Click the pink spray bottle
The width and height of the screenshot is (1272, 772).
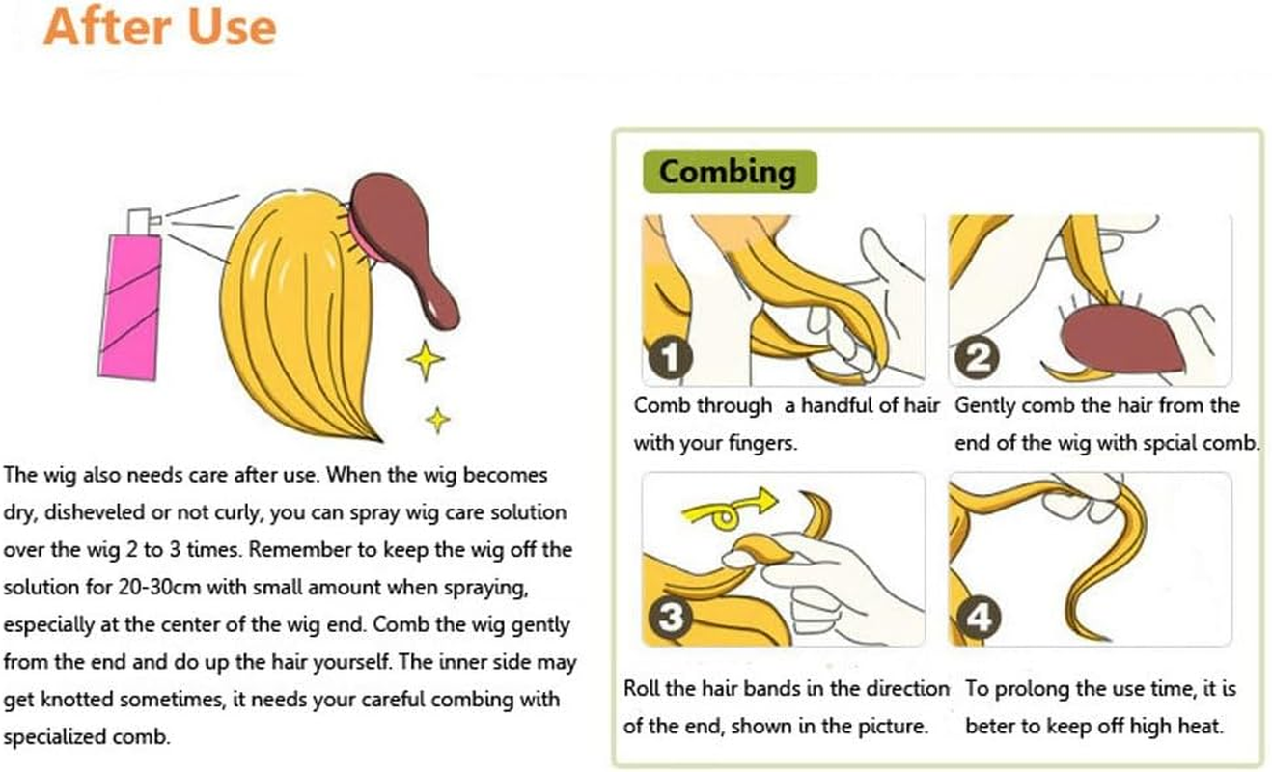point(130,307)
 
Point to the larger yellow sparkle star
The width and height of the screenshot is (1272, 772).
point(426,360)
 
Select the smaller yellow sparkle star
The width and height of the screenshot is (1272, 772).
point(438,420)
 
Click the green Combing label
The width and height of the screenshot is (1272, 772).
point(730,172)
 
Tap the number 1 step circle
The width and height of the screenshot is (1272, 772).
point(671,358)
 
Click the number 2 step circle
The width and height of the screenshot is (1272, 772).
point(978,358)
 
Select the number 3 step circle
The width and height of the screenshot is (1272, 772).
point(671,617)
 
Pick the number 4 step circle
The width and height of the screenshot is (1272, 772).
point(979,617)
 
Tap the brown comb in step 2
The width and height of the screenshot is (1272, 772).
point(1121,339)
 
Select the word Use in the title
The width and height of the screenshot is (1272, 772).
point(233,28)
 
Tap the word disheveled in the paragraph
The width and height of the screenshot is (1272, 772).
point(93,512)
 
